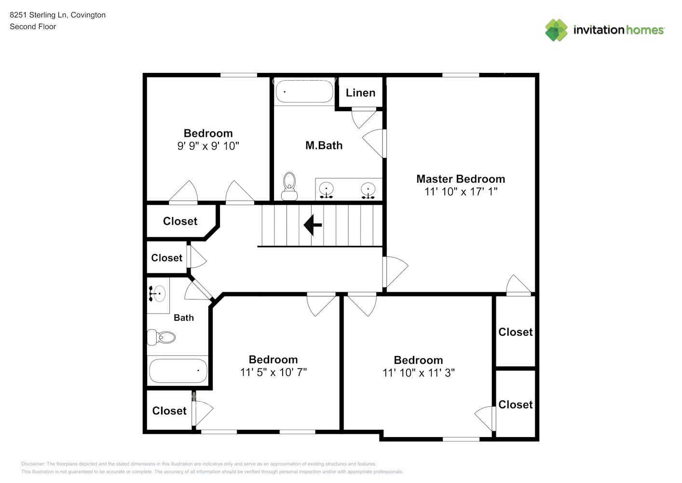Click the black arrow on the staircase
click(x=313, y=225)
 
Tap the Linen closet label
click(x=360, y=93)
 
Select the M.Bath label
click(x=324, y=145)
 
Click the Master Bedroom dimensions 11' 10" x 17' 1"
click(x=461, y=192)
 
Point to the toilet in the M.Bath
click(x=289, y=186)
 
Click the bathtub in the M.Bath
click(x=303, y=92)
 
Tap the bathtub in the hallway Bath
click(x=178, y=371)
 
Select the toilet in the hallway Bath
click(x=161, y=337)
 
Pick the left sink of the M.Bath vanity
click(x=327, y=190)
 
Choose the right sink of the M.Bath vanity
click(x=368, y=190)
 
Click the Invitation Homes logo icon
click(x=556, y=30)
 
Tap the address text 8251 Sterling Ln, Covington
click(x=57, y=15)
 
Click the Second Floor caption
click(x=33, y=27)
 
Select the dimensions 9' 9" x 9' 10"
click(x=208, y=146)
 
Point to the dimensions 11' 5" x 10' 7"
click(x=273, y=372)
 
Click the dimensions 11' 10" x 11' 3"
click(x=418, y=373)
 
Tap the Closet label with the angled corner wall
click(x=180, y=221)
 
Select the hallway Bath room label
click(x=184, y=318)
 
